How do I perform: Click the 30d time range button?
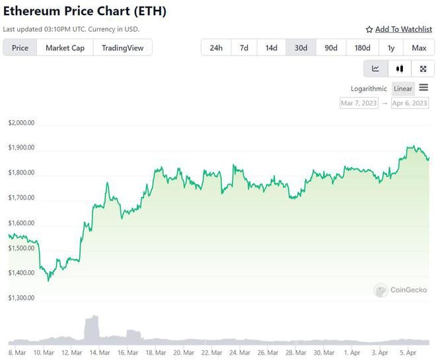click(x=301, y=48)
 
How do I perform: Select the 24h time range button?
click(x=216, y=48)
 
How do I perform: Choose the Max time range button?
click(x=419, y=48)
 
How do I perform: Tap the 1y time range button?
click(x=391, y=48)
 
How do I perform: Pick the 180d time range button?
click(x=362, y=48)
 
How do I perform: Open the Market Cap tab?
click(x=65, y=48)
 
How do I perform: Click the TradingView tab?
click(x=122, y=48)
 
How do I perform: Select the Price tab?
click(x=20, y=48)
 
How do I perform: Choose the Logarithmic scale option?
click(x=369, y=89)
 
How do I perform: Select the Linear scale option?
click(x=402, y=89)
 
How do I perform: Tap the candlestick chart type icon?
click(x=399, y=69)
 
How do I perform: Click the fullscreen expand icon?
click(x=423, y=69)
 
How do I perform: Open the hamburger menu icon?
click(x=423, y=88)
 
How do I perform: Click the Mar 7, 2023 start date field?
click(x=359, y=103)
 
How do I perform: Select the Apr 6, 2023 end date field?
click(x=410, y=103)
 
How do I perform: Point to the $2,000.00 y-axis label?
click(x=21, y=123)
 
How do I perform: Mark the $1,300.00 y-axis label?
click(x=21, y=298)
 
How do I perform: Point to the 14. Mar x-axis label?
click(x=100, y=353)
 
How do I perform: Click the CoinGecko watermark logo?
click(x=401, y=290)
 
